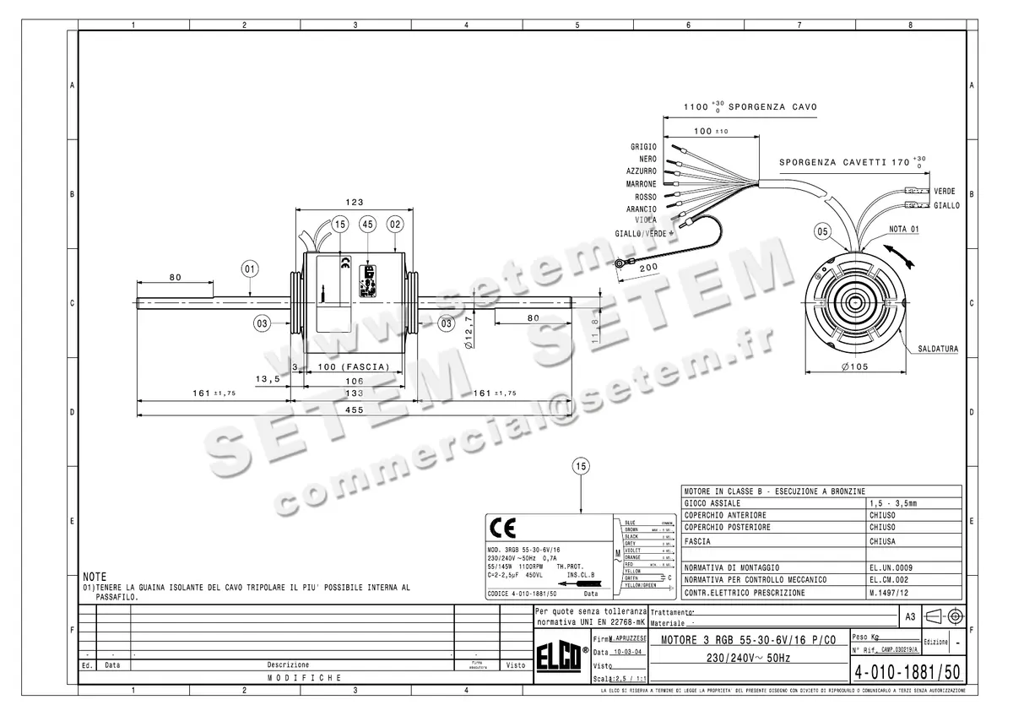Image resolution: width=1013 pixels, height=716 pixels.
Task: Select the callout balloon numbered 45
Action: click(x=367, y=224)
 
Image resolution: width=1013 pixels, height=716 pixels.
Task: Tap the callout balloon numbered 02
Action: click(x=395, y=224)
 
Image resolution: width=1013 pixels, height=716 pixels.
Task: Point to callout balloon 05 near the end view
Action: click(x=823, y=231)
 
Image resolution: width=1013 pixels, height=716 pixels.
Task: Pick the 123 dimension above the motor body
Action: click(x=354, y=202)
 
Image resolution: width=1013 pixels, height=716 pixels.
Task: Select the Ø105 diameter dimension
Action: click(x=854, y=366)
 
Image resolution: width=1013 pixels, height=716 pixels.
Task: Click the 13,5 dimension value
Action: click(x=267, y=379)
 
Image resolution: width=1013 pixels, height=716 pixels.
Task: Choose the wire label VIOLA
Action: click(x=645, y=220)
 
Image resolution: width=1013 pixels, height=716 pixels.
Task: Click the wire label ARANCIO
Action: click(x=641, y=209)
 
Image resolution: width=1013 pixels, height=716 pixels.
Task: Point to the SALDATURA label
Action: click(x=939, y=348)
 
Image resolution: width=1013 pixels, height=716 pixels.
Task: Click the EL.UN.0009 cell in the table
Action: click(x=891, y=567)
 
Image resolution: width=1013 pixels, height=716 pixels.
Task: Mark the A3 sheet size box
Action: click(x=909, y=617)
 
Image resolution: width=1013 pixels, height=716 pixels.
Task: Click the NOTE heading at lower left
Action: click(x=95, y=575)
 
